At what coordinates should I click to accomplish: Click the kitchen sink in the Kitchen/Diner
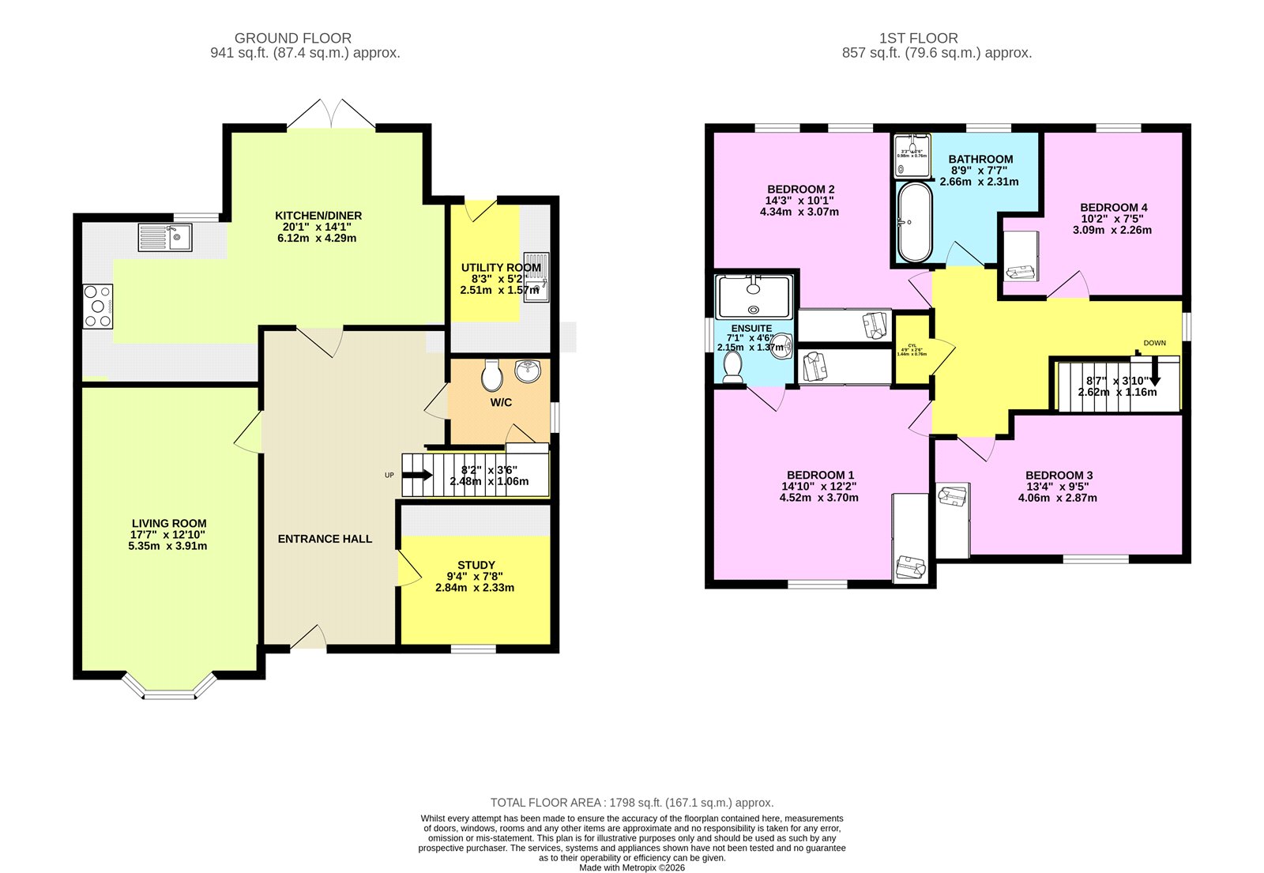164,236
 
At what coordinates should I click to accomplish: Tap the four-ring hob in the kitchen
98,307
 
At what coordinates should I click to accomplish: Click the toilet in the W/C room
491,375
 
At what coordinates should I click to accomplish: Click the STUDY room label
476,565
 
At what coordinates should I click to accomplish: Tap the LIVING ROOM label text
169,523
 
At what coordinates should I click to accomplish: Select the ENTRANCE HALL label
325,539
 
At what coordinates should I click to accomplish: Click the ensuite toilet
732,367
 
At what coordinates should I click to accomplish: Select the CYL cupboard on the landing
912,349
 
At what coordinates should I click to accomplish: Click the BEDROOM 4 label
1113,207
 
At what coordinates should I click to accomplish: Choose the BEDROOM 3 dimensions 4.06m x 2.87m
1057,498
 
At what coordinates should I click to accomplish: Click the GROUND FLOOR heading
293,38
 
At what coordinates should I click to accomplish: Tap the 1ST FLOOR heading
918,38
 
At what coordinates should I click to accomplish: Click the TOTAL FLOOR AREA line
632,803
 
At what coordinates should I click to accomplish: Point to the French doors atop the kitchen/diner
330,115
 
